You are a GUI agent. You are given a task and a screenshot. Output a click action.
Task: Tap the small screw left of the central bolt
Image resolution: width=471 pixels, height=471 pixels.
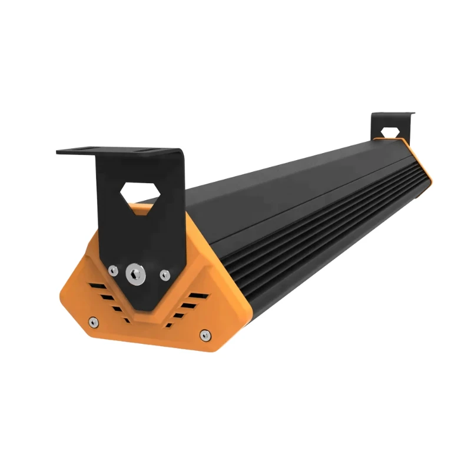112,270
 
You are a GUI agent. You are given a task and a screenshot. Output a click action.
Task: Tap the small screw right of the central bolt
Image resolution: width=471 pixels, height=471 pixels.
165,274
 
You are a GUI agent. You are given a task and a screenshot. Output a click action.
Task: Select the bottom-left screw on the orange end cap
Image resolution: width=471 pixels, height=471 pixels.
92,321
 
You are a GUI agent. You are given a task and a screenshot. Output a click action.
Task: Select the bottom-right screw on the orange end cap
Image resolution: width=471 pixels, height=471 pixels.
204,335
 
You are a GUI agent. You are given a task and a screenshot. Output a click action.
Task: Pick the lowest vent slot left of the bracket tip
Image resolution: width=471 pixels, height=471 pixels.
125,320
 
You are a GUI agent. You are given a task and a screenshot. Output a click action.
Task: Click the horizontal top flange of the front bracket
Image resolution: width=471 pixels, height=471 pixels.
118,151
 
